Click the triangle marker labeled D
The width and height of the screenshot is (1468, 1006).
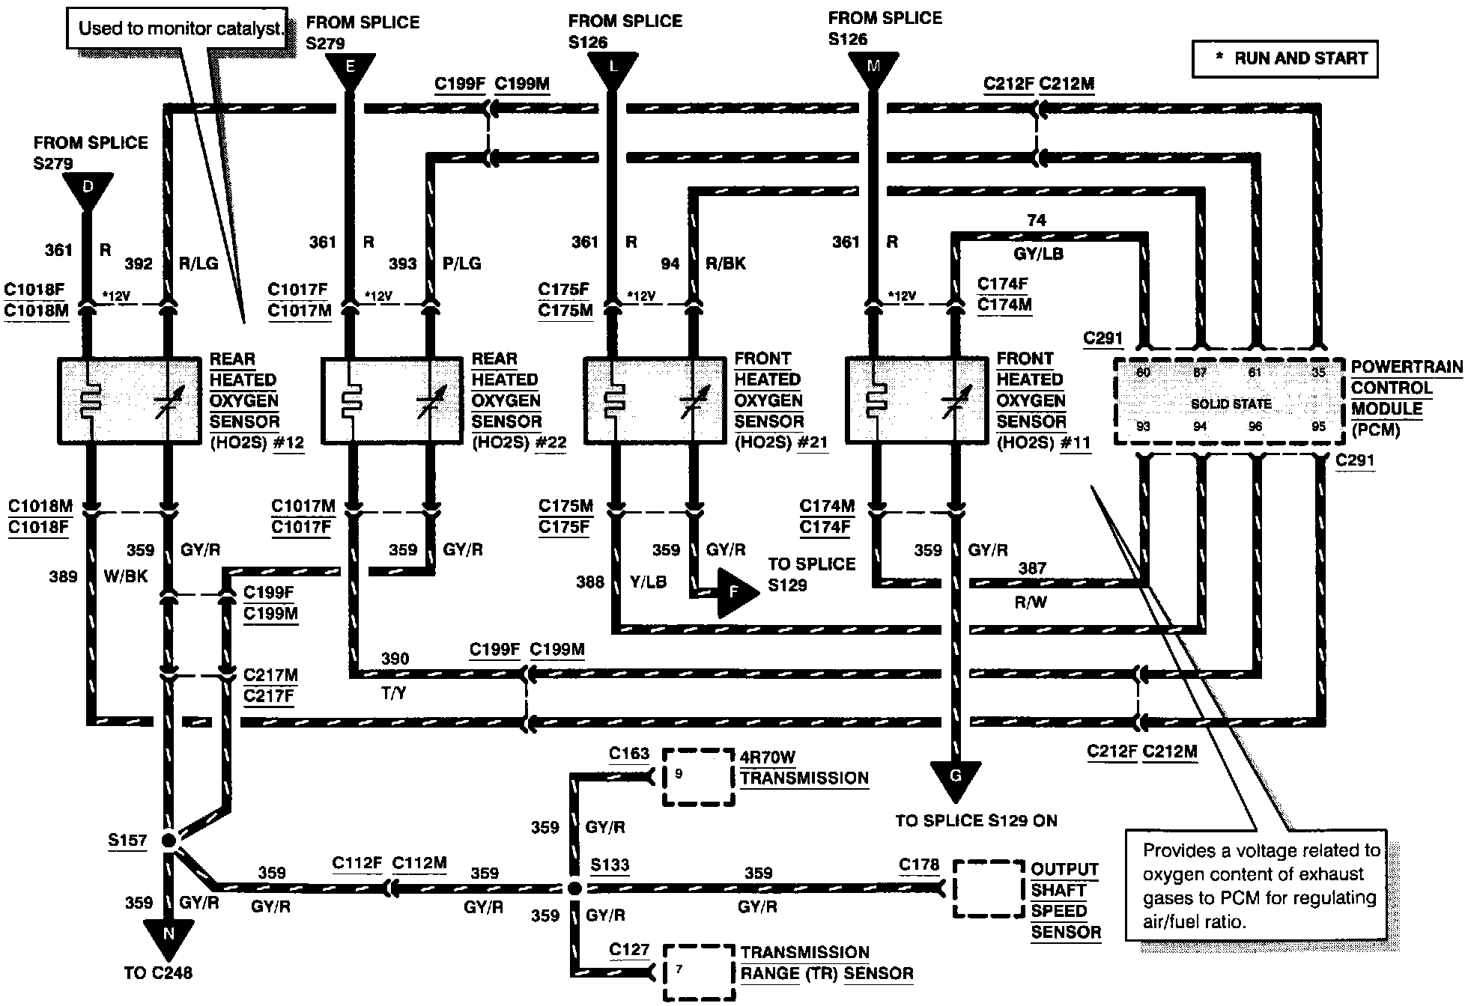pyautogui.click(x=88, y=188)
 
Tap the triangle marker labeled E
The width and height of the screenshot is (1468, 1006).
pyautogui.click(x=350, y=69)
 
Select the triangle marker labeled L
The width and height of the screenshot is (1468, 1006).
pyautogui.click(x=613, y=69)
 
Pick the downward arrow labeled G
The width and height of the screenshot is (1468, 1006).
pyautogui.click(x=956, y=778)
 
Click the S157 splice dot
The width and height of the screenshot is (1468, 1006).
pyautogui.click(x=168, y=840)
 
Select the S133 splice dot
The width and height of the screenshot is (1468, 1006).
pyautogui.click(x=574, y=888)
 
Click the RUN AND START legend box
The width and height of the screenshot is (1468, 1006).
pyautogui.click(x=1284, y=58)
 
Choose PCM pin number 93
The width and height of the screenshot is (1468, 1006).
pyautogui.click(x=1143, y=426)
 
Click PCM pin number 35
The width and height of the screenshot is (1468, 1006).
pyautogui.click(x=1318, y=372)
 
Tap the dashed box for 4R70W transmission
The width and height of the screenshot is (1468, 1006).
pyautogui.click(x=698, y=777)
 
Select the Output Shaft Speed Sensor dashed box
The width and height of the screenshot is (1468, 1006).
pyautogui.click(x=988, y=888)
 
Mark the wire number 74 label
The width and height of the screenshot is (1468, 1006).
pyautogui.click(x=1037, y=220)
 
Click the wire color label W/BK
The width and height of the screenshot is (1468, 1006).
pyautogui.click(x=127, y=576)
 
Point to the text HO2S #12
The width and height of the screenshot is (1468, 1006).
pyautogui.click(x=257, y=442)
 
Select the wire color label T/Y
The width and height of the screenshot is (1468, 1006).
pyautogui.click(x=394, y=694)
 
